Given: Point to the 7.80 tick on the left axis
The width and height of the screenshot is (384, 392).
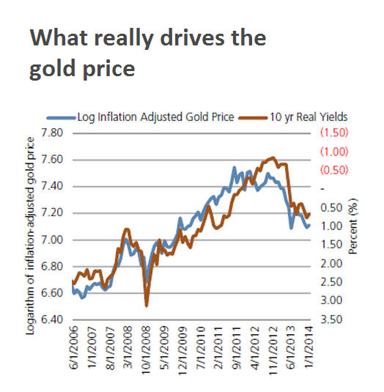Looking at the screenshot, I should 54,133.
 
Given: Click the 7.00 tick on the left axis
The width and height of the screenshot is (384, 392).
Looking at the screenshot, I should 54,240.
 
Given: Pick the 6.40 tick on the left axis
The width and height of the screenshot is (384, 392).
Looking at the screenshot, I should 54,320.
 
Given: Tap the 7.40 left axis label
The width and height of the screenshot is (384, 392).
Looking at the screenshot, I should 54,186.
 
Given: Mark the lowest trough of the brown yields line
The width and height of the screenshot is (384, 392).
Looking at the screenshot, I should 147,305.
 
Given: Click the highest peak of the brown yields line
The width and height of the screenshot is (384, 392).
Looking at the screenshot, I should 273,157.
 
